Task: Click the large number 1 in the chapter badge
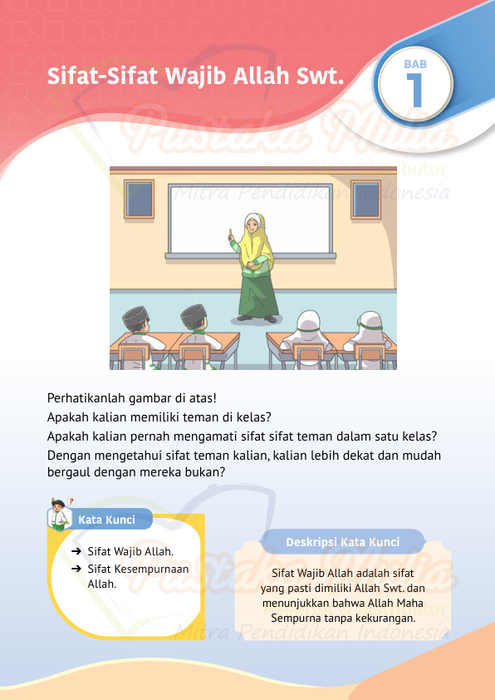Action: [415, 91]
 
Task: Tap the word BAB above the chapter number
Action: [415, 64]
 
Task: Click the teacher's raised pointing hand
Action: [230, 237]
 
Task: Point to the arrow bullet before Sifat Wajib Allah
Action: [76, 551]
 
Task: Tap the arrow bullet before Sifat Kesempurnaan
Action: [76, 569]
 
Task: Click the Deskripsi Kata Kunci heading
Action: [342, 541]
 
